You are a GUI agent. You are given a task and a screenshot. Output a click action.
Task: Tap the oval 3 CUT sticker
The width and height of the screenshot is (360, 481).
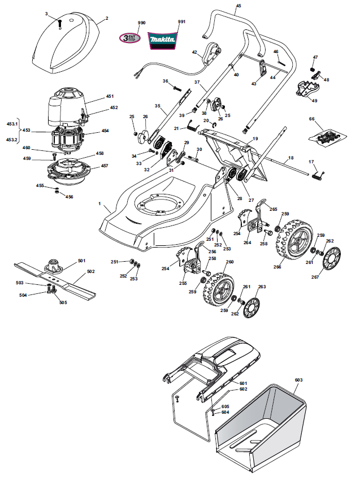click(x=130, y=38)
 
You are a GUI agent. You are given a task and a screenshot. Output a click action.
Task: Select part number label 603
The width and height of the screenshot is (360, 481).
click(x=298, y=380)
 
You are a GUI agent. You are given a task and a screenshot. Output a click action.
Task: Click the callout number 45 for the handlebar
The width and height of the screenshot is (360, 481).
click(x=238, y=6)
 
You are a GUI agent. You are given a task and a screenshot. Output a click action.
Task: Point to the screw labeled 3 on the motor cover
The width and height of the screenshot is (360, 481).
click(x=60, y=23)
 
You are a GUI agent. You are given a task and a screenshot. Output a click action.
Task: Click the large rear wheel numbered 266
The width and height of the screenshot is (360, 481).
click(x=294, y=239)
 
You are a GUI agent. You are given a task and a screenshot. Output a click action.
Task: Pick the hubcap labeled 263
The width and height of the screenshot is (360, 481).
click(x=251, y=307)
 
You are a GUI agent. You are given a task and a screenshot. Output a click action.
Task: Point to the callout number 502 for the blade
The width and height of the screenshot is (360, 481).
click(x=91, y=271)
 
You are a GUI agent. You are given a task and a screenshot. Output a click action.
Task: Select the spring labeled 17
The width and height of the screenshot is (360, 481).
click(x=318, y=175)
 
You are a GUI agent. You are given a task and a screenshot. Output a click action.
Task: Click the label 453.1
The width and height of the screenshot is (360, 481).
click(x=12, y=124)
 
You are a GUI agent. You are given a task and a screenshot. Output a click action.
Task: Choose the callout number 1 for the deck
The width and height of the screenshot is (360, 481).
click(x=99, y=203)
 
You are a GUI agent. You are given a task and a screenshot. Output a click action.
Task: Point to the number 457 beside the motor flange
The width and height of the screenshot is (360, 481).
click(x=105, y=166)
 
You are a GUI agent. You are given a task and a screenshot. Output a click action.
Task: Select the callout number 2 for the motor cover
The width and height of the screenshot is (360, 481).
click(x=107, y=18)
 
